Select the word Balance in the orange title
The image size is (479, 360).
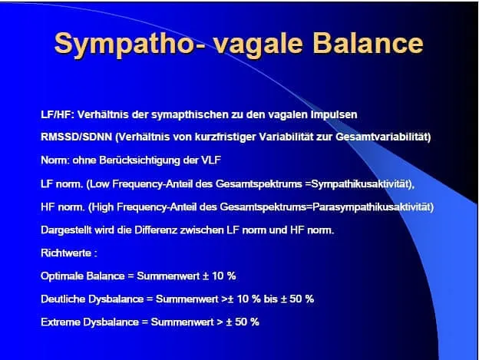pyautogui.click(x=368, y=43)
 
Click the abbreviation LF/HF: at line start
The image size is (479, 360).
pyautogui.click(x=58, y=114)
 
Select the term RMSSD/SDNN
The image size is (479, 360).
pyautogui.click(x=76, y=137)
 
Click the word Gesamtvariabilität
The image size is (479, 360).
pyautogui.click(x=383, y=137)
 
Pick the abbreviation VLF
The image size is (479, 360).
pyautogui.click(x=211, y=160)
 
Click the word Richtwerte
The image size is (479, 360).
pyautogui.click(x=66, y=253)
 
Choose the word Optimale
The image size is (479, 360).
pyautogui.click(x=62, y=276)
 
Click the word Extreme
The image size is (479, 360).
pyautogui.click(x=60, y=322)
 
